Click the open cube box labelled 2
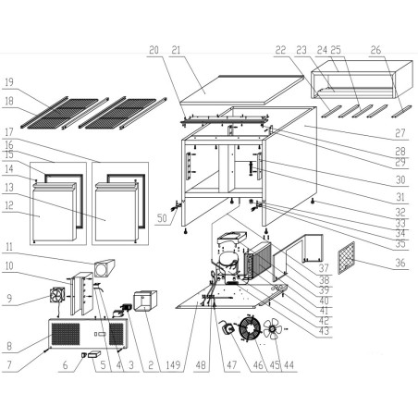145,303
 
